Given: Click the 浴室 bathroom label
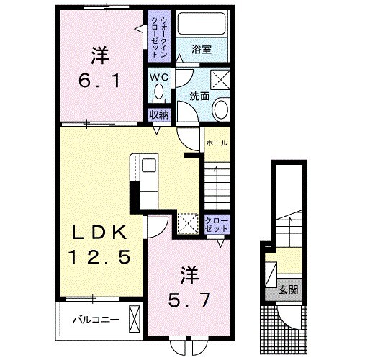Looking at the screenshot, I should [x=201, y=50].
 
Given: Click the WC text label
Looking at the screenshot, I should [x=158, y=76].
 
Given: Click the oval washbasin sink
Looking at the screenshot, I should [x=221, y=109].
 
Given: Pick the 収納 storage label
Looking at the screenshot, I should [x=158, y=114].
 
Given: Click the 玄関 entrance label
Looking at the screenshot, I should [x=289, y=291].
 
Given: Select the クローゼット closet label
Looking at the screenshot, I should [x=216, y=224].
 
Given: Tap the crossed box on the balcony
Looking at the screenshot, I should [x=134, y=318].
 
